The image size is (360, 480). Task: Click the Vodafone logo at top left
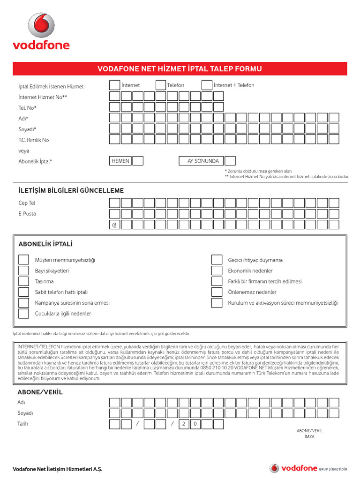pyautogui.click(x=41, y=31)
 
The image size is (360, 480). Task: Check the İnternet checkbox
pyautogui.click(x=114, y=85)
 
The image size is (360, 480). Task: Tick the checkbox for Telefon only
pyautogui.click(x=160, y=85)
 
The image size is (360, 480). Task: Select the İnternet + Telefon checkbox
pyautogui.click(x=207, y=85)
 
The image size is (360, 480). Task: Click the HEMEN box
pyautogui.click(x=120, y=161)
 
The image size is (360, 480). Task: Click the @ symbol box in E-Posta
pyautogui.click(x=114, y=225)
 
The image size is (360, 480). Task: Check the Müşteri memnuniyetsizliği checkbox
pyautogui.click(x=23, y=260)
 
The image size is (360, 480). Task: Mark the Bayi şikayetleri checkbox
pyautogui.click(x=23, y=271)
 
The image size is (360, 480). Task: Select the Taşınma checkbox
pyautogui.click(x=23, y=282)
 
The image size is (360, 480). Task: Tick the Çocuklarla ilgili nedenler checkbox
pyautogui.click(x=23, y=314)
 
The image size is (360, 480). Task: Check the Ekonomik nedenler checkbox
pyautogui.click(x=217, y=271)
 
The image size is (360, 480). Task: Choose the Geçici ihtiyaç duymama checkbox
pyautogui.click(x=217, y=260)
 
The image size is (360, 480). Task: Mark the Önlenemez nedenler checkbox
pyautogui.click(x=217, y=292)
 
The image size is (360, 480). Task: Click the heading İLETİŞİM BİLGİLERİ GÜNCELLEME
pyautogui.click(x=71, y=190)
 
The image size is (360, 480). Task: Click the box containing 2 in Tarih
pyautogui.click(x=184, y=424)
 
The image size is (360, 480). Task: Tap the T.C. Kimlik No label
pyautogui.click(x=33, y=140)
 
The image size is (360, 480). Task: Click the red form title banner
pyautogui.click(x=180, y=69)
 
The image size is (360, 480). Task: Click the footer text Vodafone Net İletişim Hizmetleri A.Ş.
pyautogui.click(x=57, y=469)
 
